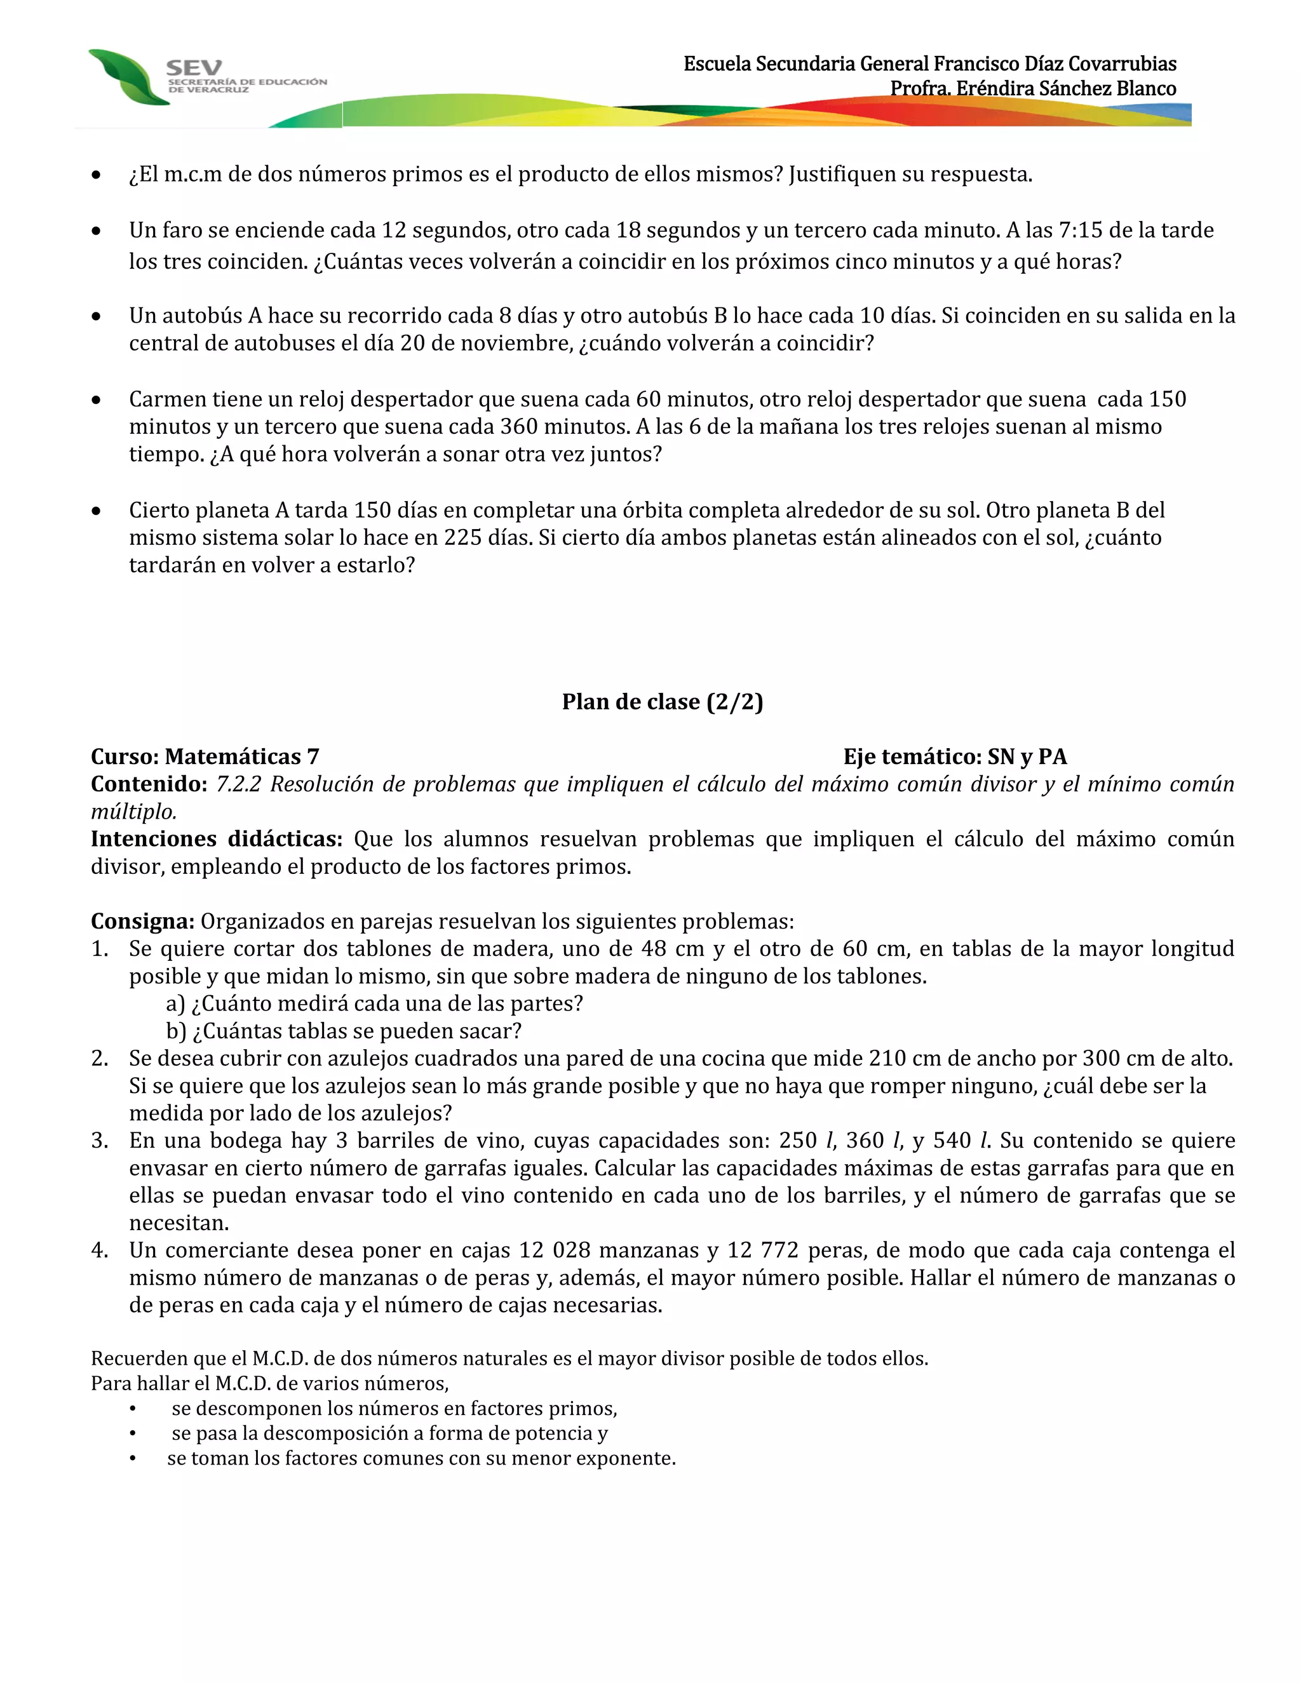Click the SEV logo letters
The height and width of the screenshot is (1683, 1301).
click(194, 68)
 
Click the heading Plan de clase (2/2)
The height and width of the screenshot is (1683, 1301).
click(662, 701)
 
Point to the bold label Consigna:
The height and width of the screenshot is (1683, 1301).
click(142, 921)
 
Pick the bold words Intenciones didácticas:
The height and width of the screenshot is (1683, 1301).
click(217, 838)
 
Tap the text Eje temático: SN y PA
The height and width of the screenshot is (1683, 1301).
click(954, 757)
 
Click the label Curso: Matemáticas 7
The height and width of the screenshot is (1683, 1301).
click(205, 757)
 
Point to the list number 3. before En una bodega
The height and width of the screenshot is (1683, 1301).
click(100, 1141)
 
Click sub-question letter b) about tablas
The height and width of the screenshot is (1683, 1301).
click(176, 1031)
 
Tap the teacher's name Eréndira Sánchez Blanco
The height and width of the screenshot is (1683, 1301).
click(1066, 89)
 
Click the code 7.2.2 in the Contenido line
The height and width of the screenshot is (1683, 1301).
click(238, 784)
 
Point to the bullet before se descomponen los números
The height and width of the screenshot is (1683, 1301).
click(133, 1409)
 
